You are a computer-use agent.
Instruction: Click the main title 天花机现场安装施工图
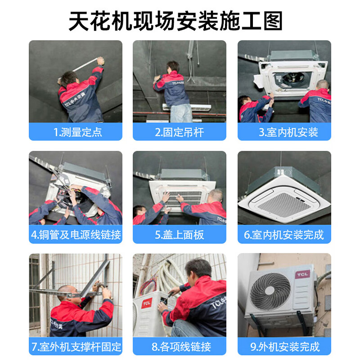(175, 21)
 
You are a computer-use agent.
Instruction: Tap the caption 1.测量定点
(76, 132)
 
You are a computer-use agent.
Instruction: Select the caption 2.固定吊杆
(180, 132)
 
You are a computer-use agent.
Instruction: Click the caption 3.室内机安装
(284, 132)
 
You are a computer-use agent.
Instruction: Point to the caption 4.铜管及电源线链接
(76, 235)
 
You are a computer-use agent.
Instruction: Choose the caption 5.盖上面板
(180, 235)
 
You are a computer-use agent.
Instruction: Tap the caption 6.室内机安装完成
(284, 235)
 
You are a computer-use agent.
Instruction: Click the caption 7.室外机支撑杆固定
(76, 346)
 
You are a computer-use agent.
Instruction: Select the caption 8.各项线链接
(180, 346)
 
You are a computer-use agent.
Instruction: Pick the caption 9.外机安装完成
(284, 346)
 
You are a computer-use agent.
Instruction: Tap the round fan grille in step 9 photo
(270, 291)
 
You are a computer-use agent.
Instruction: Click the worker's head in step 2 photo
(172, 66)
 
